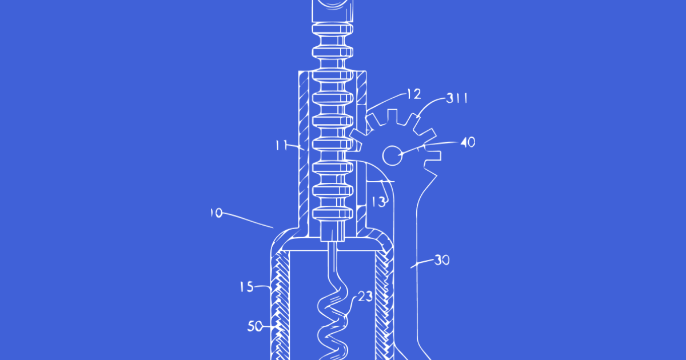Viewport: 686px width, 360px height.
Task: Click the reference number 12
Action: (x=414, y=94)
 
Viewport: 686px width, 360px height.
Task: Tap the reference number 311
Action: (x=457, y=98)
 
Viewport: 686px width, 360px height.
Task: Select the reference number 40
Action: (x=468, y=142)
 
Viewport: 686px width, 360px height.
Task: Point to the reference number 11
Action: (x=282, y=145)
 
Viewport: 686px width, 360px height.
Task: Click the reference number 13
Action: (x=378, y=202)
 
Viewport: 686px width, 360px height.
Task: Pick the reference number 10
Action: (x=217, y=213)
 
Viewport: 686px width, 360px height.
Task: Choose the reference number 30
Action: (x=442, y=260)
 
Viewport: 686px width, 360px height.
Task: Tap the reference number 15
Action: (x=247, y=287)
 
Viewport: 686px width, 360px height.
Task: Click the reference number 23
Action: (x=365, y=297)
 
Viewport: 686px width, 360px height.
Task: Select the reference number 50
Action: (x=255, y=327)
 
